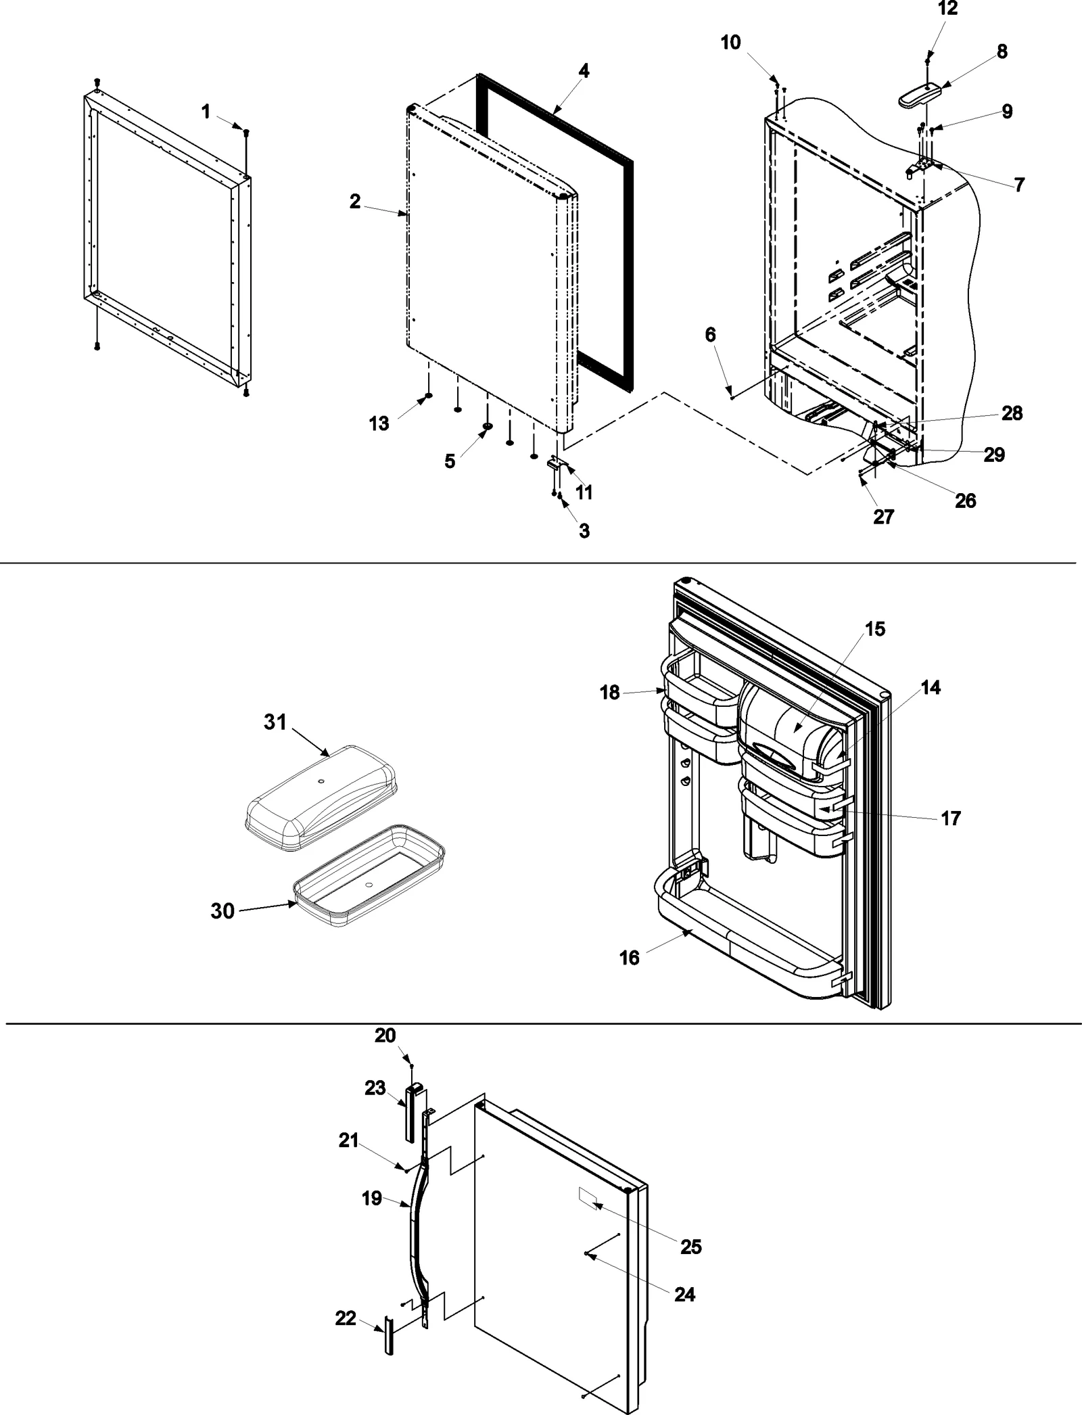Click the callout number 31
275,722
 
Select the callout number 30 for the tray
222,911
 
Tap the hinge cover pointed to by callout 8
920,95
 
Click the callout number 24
684,1294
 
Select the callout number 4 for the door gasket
584,70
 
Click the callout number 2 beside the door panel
355,201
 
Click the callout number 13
379,423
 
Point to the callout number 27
883,517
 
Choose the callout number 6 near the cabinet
710,335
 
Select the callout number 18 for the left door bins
609,693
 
